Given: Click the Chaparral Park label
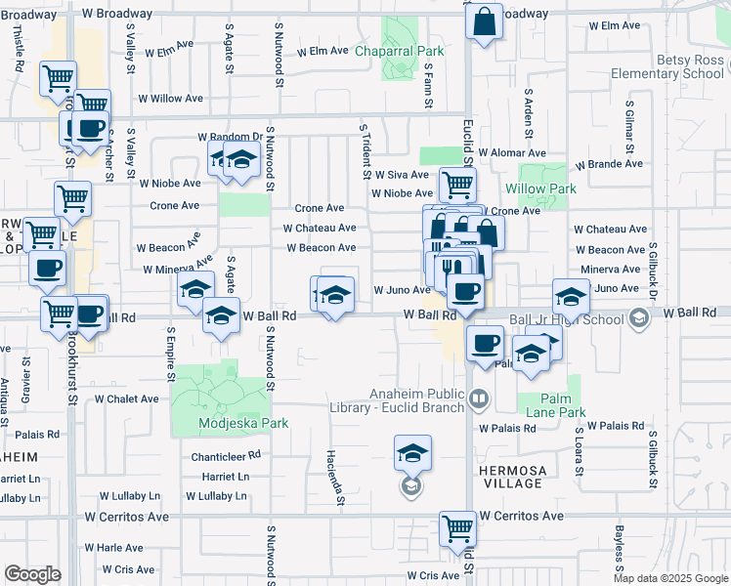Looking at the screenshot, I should [x=399, y=51].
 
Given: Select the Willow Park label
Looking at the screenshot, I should [x=540, y=188].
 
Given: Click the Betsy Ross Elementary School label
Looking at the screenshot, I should [x=666, y=65].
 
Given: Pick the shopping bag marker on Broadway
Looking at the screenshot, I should [x=484, y=21].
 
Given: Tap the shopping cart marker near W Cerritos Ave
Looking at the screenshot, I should [x=456, y=529].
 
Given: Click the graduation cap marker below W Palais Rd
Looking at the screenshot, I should [x=412, y=453].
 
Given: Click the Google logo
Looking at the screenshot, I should [x=32, y=573].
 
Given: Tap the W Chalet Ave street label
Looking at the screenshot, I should [x=126, y=398].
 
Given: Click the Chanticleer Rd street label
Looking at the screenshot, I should [x=226, y=455].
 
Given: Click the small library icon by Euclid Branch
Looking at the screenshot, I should [x=478, y=398].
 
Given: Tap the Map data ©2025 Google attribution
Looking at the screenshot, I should [x=670, y=578].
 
